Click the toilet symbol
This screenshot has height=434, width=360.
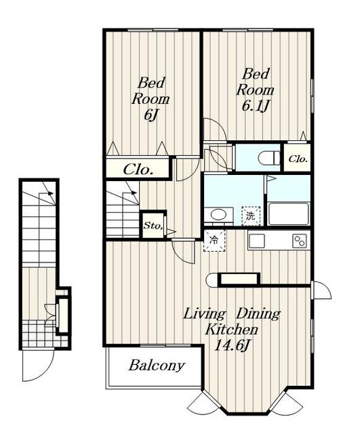coord(269,159)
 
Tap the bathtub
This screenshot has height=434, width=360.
coord(288,214)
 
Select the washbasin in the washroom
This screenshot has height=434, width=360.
coord(219,214)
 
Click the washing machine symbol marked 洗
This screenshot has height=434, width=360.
coord(251,216)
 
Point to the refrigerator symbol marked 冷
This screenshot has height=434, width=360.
coord(214,240)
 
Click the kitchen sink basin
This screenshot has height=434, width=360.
coord(257,241)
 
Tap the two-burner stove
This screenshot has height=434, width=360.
coord(300,241)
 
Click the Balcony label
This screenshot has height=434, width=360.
coord(157,366)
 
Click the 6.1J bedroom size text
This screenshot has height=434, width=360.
coord(256,106)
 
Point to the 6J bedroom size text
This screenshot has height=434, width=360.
coord(151,115)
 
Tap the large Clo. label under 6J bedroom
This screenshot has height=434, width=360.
coord(138,169)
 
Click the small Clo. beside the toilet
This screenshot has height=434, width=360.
coord(298,159)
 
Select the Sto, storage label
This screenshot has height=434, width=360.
coord(153,226)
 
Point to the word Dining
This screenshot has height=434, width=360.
coord(258,313)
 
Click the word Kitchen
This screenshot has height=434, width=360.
coord(231,330)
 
